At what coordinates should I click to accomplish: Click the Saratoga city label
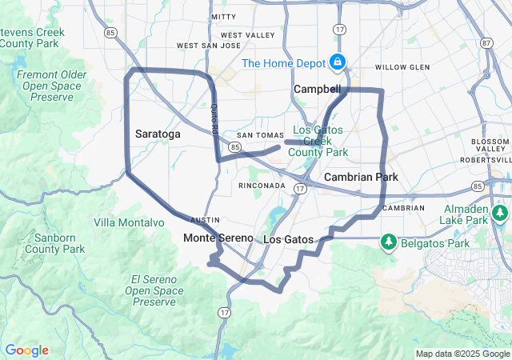[158, 134]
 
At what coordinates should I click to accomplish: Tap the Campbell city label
[317, 89]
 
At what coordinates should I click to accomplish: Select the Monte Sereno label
[218, 238]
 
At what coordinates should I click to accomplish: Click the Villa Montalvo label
[123, 222]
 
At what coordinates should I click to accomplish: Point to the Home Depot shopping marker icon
[338, 62]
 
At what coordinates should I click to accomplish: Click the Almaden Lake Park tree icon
[500, 213]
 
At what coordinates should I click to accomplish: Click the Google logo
[26, 350]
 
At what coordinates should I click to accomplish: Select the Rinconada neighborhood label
[262, 186]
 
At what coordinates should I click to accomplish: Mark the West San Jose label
[208, 46]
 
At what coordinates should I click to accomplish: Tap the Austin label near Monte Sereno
[205, 219]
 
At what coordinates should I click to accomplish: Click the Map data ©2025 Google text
[462, 354]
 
